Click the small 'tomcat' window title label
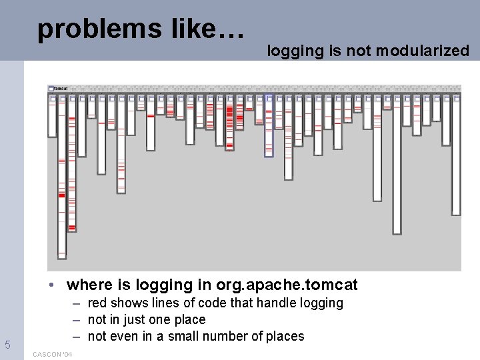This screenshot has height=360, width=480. coord(61,88)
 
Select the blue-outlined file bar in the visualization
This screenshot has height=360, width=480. coord(269,125)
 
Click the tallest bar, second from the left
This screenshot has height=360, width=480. coord(62,177)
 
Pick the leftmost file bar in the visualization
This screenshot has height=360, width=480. coord(52,117)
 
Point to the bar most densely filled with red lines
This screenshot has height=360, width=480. coord(230,124)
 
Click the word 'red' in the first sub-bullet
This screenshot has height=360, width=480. coord(97,303)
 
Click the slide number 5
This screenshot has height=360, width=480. coord(7,345)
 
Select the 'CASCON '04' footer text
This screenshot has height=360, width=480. coord(52,354)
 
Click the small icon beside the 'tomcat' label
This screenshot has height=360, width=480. coord(51,88)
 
